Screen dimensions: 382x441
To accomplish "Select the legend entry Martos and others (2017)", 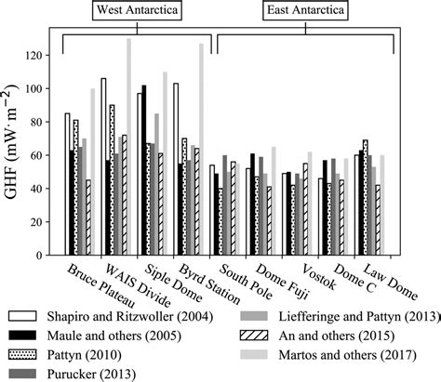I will (336, 354).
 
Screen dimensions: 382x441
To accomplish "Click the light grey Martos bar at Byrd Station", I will (201, 150).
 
